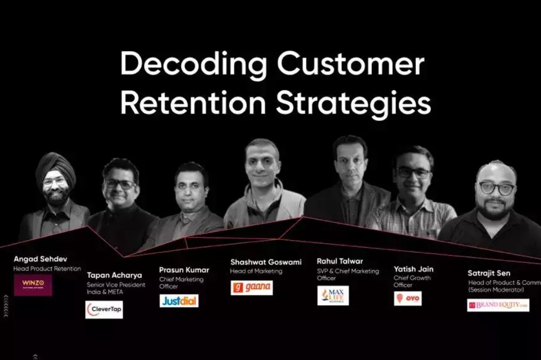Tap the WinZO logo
[33, 285]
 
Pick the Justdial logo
[179, 301]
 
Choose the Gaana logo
[251, 288]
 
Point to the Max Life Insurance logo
[333, 296]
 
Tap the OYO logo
[407, 298]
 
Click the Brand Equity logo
[498, 305]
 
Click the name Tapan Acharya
[114, 275]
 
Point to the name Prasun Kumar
[184, 270]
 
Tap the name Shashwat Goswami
[267, 262]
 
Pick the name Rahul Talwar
[340, 261]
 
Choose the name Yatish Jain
[413, 269]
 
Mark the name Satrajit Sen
[489, 273]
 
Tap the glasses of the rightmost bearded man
[496, 188]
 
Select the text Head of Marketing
[256, 271]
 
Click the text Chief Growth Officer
[412, 281]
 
